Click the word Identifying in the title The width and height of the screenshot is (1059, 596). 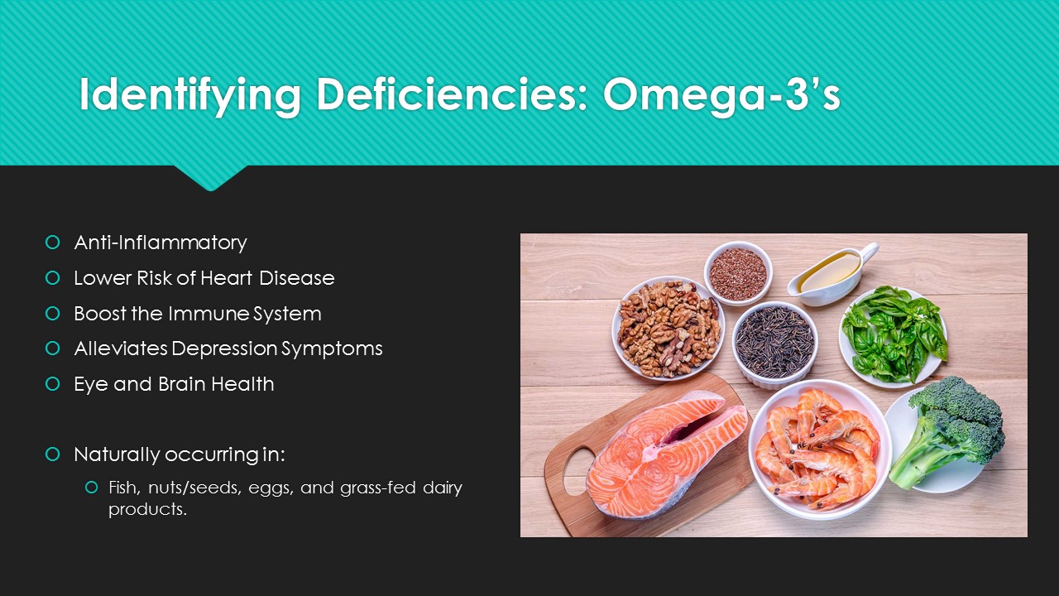click(x=190, y=94)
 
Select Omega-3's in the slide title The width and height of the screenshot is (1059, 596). click(x=721, y=94)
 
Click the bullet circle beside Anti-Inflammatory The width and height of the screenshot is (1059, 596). click(x=52, y=243)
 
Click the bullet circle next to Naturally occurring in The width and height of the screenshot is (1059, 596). click(x=52, y=454)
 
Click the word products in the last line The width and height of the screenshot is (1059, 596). click(x=147, y=510)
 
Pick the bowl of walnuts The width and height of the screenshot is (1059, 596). click(x=668, y=328)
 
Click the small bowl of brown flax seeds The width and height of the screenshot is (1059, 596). click(x=737, y=273)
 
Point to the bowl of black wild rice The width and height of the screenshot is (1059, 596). click(x=775, y=344)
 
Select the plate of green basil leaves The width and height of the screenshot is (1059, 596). click(x=893, y=336)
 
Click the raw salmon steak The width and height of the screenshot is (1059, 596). click(x=666, y=454)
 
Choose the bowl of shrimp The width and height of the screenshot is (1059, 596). click(x=819, y=449)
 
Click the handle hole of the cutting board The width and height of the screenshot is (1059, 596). click(x=577, y=471)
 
